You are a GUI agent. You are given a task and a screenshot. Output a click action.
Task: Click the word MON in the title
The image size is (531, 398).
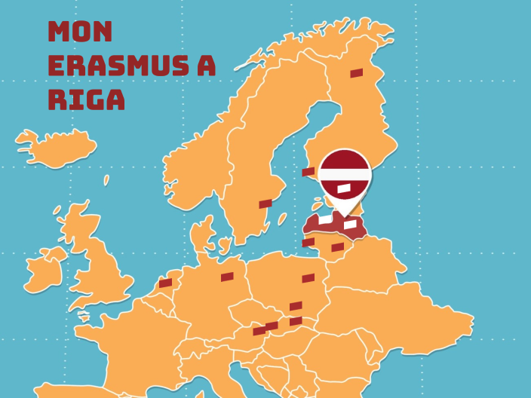(80, 32)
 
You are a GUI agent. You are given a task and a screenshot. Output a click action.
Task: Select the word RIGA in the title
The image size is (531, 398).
(86, 99)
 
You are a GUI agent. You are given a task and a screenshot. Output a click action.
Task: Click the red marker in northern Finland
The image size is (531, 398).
(357, 73)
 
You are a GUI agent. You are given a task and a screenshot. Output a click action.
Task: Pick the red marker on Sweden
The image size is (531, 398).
(265, 204)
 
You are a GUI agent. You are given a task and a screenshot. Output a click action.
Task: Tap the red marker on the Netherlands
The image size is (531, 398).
(166, 283)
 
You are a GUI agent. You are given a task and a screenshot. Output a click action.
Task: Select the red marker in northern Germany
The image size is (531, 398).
(227, 277)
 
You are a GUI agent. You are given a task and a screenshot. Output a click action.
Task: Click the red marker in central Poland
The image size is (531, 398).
(308, 278)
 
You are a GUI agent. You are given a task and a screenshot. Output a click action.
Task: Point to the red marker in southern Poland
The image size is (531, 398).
(296, 306)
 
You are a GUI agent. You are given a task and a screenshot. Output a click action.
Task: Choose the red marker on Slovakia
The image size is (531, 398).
(296, 321)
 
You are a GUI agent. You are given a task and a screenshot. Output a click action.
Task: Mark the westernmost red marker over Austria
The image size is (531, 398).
(259, 331)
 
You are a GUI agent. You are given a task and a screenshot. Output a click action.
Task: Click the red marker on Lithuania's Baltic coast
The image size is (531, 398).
(308, 242)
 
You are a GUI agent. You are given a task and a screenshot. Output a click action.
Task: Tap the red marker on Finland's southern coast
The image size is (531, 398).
(308, 172)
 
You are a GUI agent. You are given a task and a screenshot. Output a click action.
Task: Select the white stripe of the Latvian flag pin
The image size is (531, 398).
(344, 174)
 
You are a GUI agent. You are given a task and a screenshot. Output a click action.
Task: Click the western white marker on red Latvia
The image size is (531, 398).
(325, 219)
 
